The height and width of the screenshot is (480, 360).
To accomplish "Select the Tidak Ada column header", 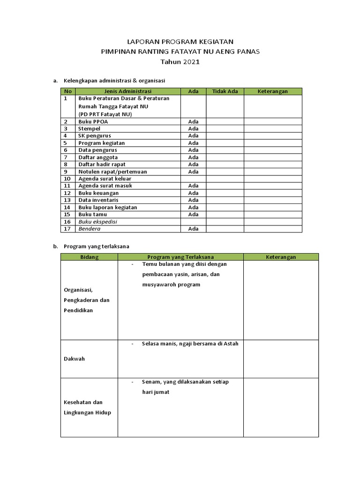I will tap(225, 91).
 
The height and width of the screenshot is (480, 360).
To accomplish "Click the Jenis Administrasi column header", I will tap(128, 91).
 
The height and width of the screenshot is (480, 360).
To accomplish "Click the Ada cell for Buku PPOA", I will tap(193, 121).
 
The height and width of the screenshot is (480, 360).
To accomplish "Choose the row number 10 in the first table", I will tap(67, 179).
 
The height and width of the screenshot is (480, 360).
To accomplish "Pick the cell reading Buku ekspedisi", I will tap(97, 221).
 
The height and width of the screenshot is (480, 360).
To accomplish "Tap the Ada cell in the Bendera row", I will tap(193, 229).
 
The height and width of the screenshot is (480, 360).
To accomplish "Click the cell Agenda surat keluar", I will tap(105, 179).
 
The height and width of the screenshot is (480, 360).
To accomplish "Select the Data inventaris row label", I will tap(98, 200).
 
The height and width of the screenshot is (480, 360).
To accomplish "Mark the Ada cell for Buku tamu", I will tap(193, 214).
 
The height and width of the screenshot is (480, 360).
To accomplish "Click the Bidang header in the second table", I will tap(89, 257).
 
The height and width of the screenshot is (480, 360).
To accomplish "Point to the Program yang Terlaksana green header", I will tap(180, 257).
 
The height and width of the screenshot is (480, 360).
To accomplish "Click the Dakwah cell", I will tap(74, 359).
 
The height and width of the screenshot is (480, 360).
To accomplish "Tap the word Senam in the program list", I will tap(150, 382).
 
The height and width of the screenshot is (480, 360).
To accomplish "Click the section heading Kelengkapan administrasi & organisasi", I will tap(114, 81).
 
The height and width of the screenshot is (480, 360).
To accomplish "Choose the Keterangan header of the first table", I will tap(273, 91).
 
